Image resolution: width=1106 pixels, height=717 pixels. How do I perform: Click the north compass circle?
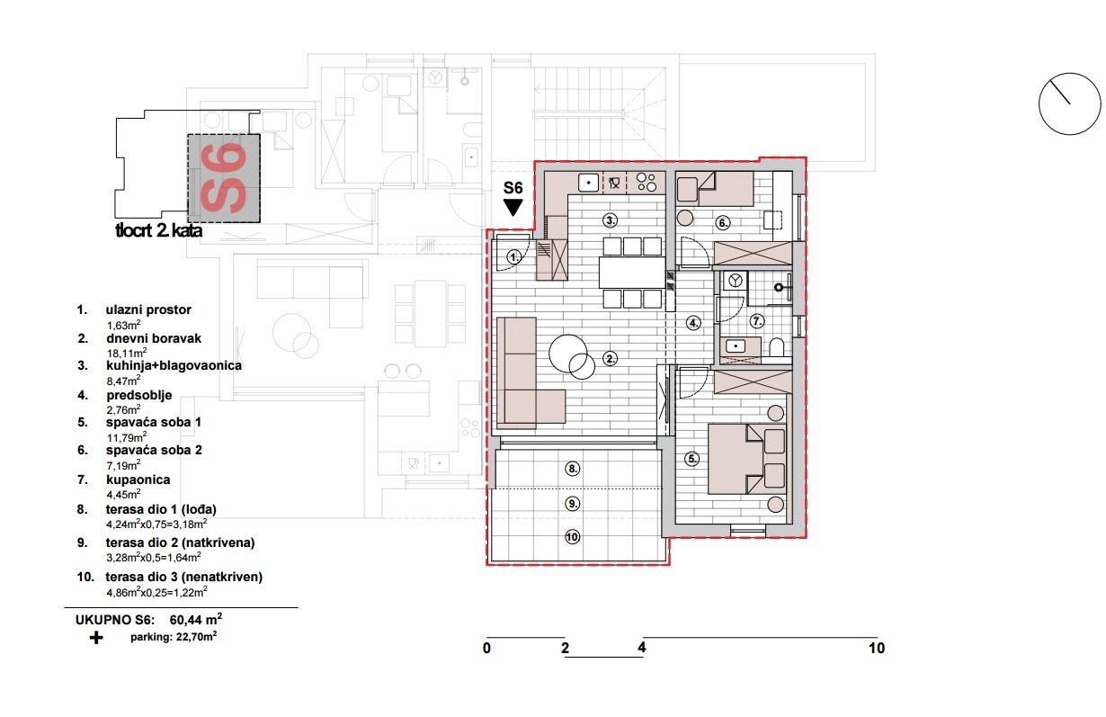click(x=1069, y=104)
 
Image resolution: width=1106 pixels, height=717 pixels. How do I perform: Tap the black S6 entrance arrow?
click(x=513, y=208)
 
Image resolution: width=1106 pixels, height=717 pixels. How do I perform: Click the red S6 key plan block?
click(x=224, y=178)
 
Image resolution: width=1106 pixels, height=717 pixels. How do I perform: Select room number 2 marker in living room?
click(x=611, y=359)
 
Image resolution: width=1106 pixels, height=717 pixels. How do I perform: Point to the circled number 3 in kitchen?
click(x=610, y=220)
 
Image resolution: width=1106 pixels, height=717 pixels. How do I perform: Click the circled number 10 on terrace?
click(x=573, y=538)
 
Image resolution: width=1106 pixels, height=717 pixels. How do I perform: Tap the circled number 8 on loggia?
click(x=573, y=469)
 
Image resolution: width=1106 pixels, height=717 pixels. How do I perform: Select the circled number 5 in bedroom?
click(x=691, y=459)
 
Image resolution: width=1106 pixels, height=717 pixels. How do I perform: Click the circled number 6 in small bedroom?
click(x=724, y=222)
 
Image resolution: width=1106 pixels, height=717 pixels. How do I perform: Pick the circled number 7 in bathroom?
click(x=757, y=320)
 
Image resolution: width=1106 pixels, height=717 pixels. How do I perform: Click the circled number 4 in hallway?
click(x=693, y=322)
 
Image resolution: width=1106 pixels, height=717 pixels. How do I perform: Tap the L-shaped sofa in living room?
click(x=526, y=378)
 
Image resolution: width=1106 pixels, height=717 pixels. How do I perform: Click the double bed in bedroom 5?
click(x=746, y=459)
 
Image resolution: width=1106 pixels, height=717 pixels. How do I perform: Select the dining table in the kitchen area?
click(x=631, y=272)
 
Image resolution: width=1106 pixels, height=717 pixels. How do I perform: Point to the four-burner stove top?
click(x=645, y=183)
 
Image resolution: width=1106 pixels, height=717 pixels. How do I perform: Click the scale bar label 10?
click(x=876, y=648)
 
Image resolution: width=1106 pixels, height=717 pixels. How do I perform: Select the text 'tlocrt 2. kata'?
click(x=158, y=231)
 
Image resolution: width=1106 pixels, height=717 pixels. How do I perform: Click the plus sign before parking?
click(x=96, y=637)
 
